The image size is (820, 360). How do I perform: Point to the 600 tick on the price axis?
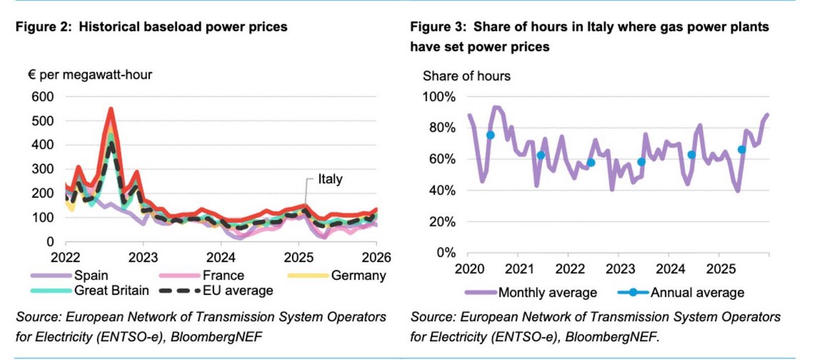pos(44,96)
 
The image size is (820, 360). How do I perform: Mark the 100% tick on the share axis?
pos(439,96)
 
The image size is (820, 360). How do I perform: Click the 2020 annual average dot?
pos(490,135)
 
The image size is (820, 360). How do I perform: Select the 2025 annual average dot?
pos(741,149)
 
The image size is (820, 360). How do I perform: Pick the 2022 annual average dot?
pos(591,163)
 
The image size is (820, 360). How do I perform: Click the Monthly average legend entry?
pos(547,292)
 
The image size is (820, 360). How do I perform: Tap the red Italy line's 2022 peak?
pos(111,109)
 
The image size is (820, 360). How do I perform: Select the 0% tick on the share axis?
pos(446,253)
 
